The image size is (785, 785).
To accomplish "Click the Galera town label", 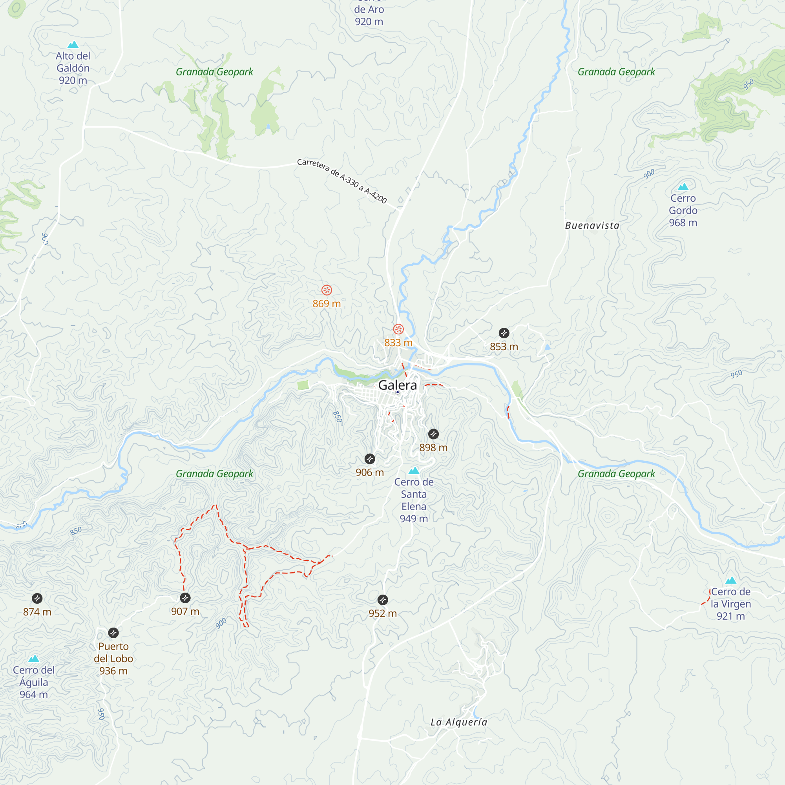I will [x=397, y=385].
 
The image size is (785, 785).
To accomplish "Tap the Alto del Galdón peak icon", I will [x=73, y=44].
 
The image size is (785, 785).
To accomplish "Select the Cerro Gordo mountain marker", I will [x=683, y=187].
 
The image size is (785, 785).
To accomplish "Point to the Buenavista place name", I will [x=592, y=226].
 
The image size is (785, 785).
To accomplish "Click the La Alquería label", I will [x=459, y=722].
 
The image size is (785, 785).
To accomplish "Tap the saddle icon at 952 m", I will [x=383, y=600].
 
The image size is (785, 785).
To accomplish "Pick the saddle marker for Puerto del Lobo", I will [x=113, y=633].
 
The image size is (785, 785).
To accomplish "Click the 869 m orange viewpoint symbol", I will [x=327, y=290].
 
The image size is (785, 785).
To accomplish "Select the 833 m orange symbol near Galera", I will [x=398, y=329].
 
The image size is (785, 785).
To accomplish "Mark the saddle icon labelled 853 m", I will [x=504, y=333].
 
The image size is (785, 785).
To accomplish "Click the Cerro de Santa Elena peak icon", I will [x=414, y=471].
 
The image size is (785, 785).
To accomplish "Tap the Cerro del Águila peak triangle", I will [x=34, y=659].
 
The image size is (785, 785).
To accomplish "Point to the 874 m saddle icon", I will [x=37, y=598].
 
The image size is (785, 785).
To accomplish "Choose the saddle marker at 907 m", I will [x=185, y=598].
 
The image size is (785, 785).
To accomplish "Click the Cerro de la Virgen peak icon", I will [x=730, y=580].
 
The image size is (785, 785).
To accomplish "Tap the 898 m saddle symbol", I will [x=434, y=434].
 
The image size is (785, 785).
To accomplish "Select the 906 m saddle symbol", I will [x=370, y=459].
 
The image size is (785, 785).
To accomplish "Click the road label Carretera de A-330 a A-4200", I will [x=342, y=181].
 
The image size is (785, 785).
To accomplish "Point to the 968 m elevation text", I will [x=683, y=223].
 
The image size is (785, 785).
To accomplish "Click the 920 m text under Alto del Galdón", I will [x=73, y=80].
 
